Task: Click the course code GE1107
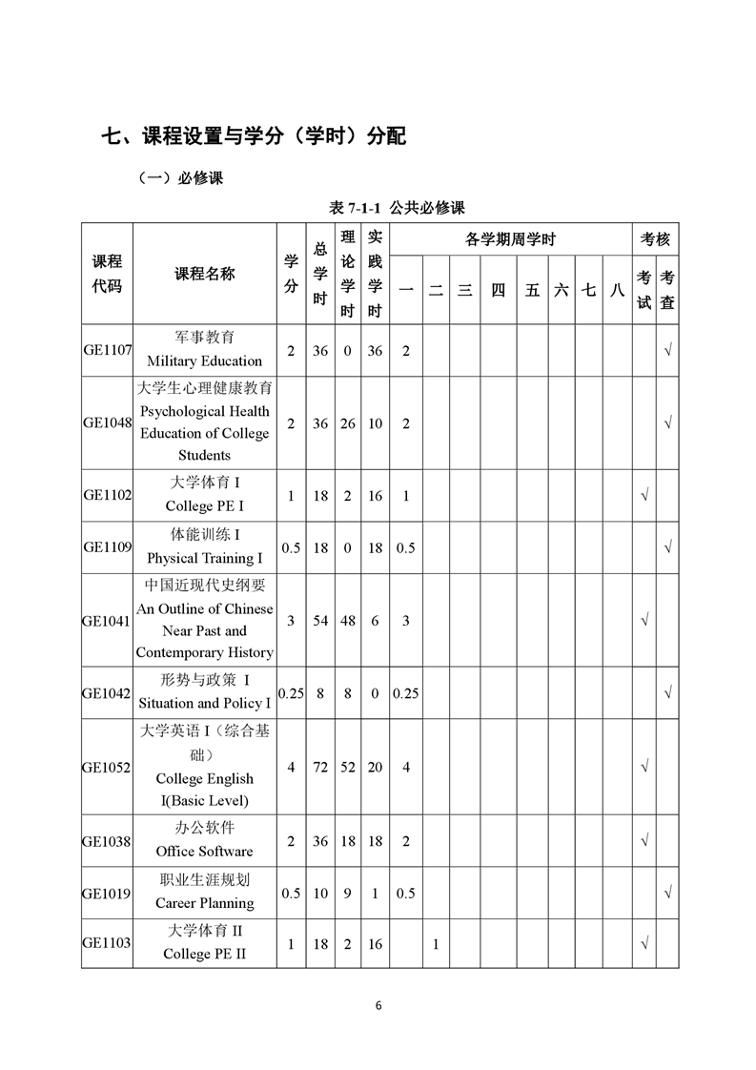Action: coord(107,350)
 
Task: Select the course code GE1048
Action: coord(107,422)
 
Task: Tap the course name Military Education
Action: coord(204,360)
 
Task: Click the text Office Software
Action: coord(204,851)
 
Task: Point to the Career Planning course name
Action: coord(204,902)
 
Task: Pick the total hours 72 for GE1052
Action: coord(320,767)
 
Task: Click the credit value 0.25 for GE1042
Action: coord(291,693)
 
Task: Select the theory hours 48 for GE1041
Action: coord(347,620)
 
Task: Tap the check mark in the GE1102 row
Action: coord(644,496)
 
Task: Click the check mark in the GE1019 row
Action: coord(668,892)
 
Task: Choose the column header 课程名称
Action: coord(204,274)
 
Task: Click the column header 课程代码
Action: coord(107,274)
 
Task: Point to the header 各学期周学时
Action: coord(510,239)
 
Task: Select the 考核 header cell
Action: coord(655,239)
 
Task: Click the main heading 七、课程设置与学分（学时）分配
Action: coord(254,135)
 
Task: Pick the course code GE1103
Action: coord(107,943)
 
